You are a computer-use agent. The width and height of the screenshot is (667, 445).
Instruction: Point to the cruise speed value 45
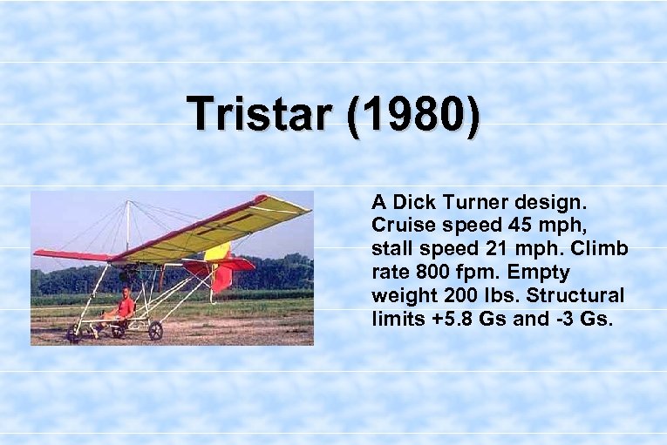tap(531, 226)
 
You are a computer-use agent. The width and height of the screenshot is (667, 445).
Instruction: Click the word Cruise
tap(400, 226)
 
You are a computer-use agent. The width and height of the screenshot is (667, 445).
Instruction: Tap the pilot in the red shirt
tap(126, 307)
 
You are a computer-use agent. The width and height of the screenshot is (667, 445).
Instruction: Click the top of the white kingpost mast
tap(129, 202)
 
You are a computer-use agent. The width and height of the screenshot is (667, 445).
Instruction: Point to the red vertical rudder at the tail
tap(221, 278)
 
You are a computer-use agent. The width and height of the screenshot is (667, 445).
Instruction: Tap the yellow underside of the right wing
tap(218, 232)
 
